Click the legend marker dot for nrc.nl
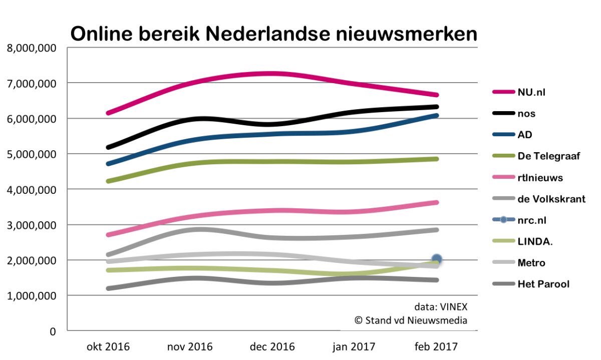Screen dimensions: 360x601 pos(504,220)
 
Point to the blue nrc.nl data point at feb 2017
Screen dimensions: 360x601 pos(437,259)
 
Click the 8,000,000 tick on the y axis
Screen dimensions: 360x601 pos(31,48)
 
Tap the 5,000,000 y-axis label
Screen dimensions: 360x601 pos(31,154)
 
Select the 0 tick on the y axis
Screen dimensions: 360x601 pos(52,331)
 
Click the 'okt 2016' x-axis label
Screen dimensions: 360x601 pos(108,346)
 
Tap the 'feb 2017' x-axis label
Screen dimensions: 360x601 pos(436,346)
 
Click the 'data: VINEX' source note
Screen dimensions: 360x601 pos(440,306)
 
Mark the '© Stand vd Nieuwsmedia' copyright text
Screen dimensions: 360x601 pos(411,320)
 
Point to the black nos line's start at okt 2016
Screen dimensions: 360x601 pos(109,147)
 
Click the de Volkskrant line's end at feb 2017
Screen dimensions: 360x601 pos(437,230)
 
